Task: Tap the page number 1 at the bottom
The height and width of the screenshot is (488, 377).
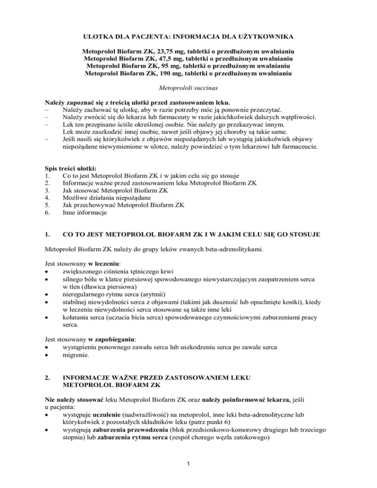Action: (x=188, y=476)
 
